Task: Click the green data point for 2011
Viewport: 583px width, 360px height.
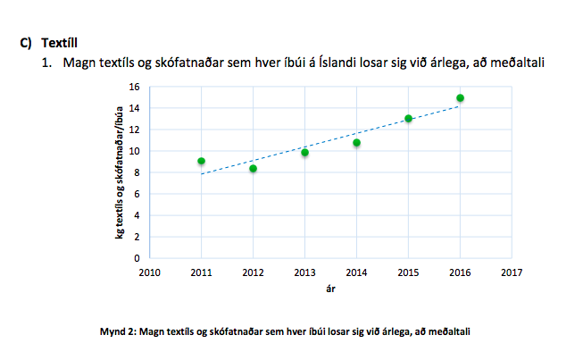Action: (x=201, y=162)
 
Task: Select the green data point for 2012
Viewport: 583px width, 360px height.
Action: (x=253, y=169)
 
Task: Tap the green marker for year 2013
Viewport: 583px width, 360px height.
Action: (x=304, y=153)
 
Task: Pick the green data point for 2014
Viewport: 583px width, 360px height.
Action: (x=356, y=143)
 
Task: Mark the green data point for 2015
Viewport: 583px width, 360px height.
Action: (x=408, y=119)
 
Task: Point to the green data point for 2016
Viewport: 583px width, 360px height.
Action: (x=460, y=98)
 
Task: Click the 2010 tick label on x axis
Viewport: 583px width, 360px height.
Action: (x=149, y=272)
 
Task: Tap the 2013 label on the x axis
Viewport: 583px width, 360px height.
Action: (x=304, y=272)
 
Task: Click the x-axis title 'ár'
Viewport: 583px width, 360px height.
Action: (x=330, y=289)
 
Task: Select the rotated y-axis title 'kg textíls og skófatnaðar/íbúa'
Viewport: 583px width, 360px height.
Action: (x=118, y=174)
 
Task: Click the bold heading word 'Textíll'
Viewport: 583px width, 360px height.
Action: (x=61, y=42)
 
